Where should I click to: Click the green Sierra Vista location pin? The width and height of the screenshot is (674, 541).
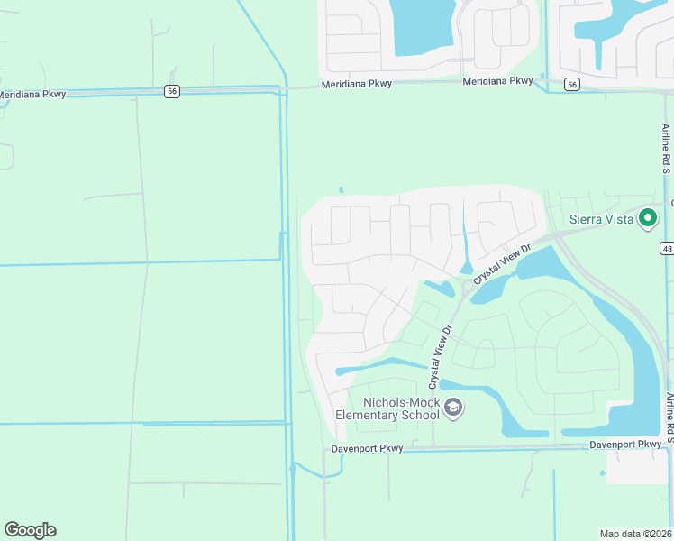647,218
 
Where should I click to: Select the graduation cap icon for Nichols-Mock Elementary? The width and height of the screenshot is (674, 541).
453,409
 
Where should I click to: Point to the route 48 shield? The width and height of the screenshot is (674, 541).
666,248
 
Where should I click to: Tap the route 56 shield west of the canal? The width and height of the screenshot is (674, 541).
171,91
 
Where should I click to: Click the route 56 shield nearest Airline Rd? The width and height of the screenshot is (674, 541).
571,84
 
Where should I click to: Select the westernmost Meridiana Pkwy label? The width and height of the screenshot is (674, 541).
32,95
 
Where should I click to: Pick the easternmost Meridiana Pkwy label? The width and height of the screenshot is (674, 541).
498,81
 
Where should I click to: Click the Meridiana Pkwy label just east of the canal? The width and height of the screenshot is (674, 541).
359,86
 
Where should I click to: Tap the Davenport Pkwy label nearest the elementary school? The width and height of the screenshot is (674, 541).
365,447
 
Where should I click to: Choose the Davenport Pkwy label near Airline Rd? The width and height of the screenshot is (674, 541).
625,445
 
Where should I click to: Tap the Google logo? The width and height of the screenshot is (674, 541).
30,530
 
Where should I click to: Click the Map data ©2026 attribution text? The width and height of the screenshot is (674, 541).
636,534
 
